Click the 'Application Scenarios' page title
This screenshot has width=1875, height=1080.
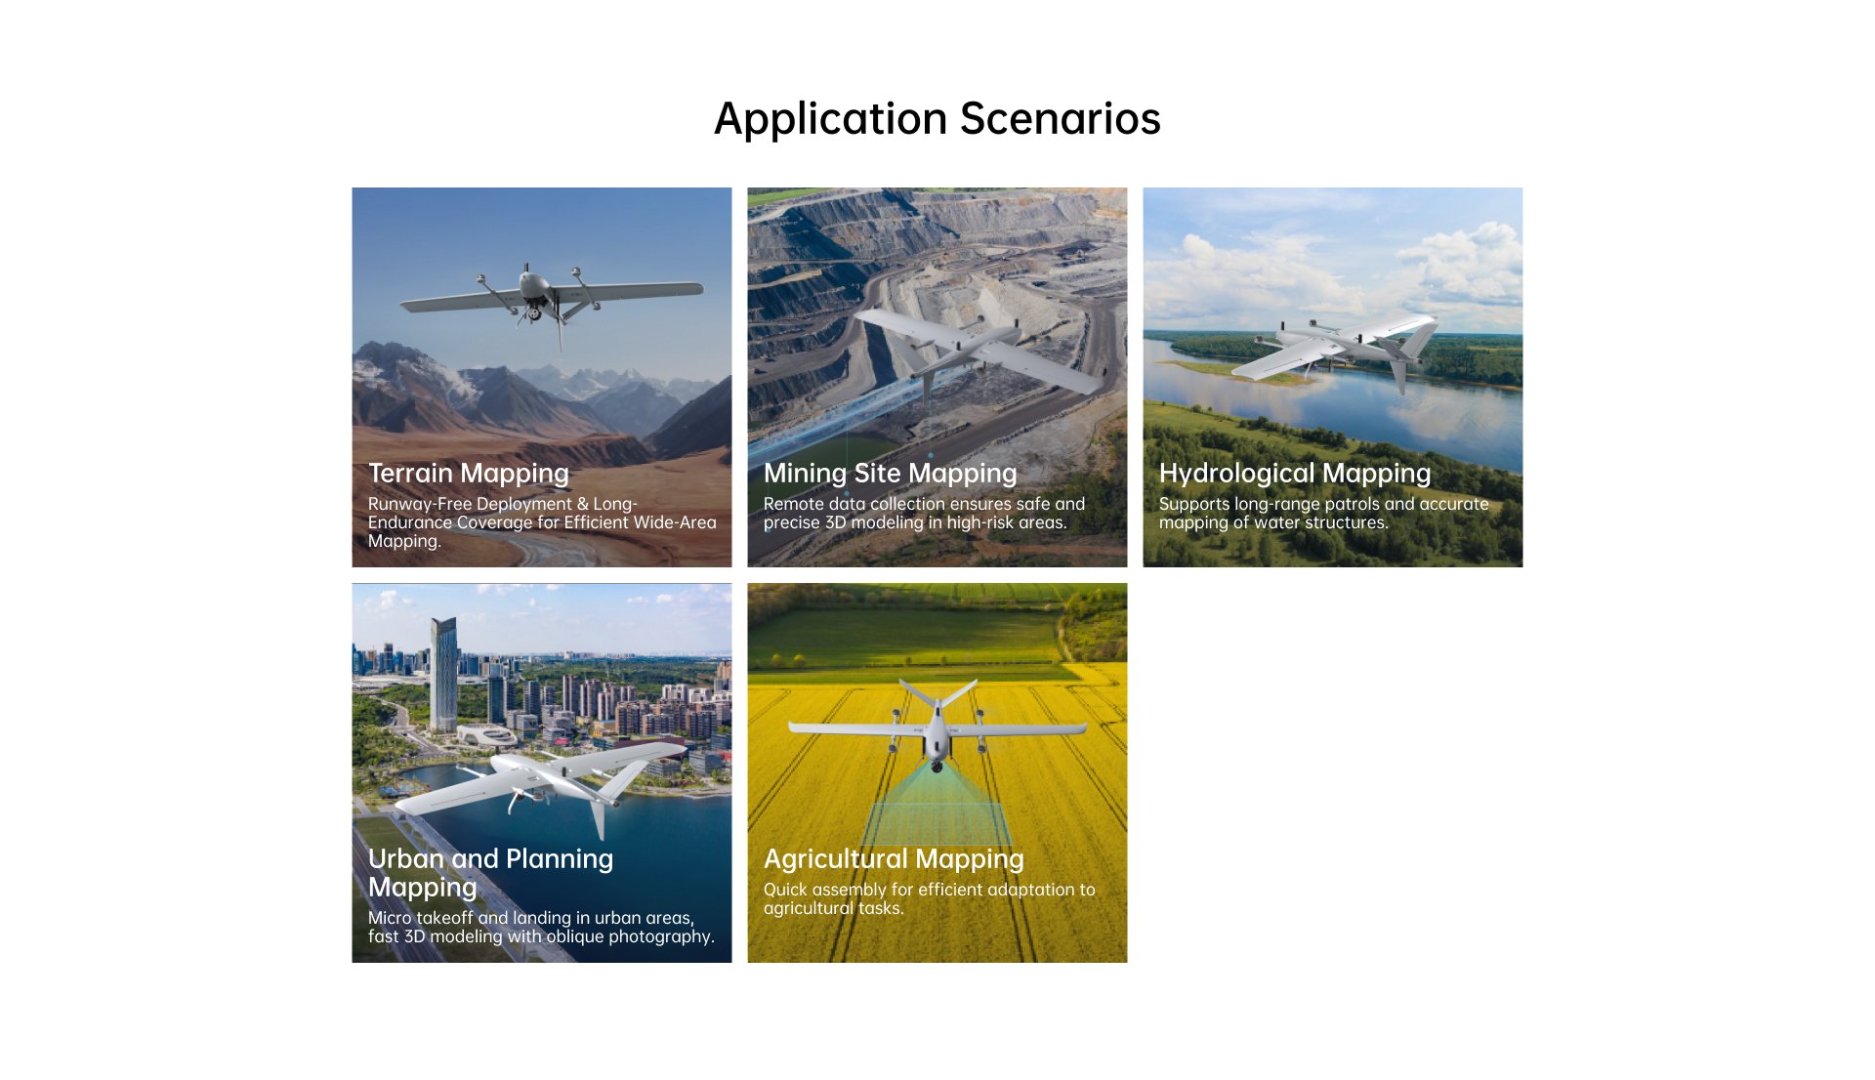(937, 119)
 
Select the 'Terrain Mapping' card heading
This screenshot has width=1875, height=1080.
(469, 474)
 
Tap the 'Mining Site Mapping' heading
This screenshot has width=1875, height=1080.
(891, 474)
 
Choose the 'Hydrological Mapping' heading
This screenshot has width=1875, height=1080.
(1295, 474)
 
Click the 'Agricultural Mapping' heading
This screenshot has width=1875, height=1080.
(894, 859)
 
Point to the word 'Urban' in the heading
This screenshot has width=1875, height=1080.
(406, 858)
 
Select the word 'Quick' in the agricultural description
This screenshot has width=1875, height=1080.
(785, 890)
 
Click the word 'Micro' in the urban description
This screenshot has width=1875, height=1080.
(390, 918)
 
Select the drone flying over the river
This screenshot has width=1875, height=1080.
(1338, 347)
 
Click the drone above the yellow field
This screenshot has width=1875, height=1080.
(937, 727)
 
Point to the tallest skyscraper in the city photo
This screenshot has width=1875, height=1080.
(443, 674)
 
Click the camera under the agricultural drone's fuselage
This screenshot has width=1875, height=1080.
(937, 766)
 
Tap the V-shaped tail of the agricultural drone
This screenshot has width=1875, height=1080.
(937, 694)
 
